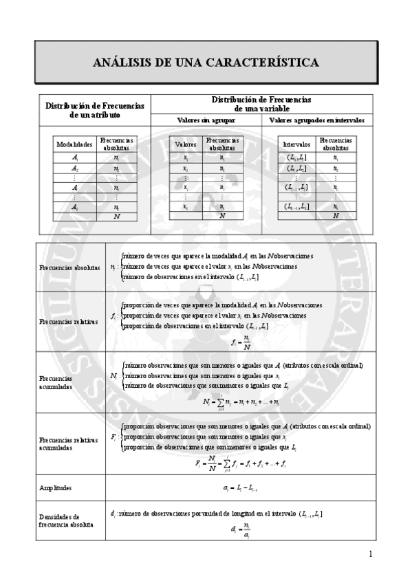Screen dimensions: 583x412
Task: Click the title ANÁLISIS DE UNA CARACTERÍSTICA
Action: click(x=206, y=63)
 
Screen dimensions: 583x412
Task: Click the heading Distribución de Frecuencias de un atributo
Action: click(x=94, y=110)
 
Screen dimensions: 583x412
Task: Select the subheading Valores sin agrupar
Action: click(x=206, y=120)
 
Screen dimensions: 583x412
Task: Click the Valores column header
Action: click(x=186, y=144)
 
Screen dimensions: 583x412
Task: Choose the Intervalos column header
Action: click(x=296, y=144)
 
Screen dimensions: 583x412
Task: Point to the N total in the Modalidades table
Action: click(x=117, y=216)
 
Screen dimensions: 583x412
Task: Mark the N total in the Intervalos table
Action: click(x=335, y=216)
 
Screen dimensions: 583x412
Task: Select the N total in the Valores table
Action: click(x=222, y=216)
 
